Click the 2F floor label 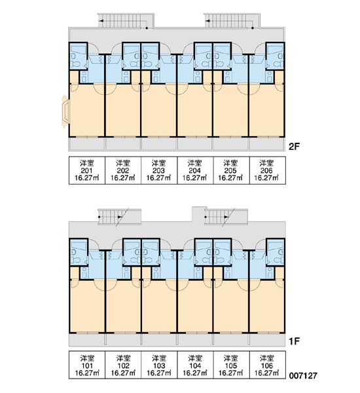coord(294,146)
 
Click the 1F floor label coord(294,341)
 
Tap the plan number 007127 coord(303,375)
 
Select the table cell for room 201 coord(87,170)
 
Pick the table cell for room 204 coord(195,170)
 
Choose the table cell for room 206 coord(267,170)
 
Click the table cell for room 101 coord(87,365)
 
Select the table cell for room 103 coord(159,365)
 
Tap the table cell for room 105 coord(231,365)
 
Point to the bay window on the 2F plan coord(65,111)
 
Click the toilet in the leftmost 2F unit coord(75,64)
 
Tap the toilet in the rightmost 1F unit coord(279,260)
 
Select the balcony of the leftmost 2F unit coord(86,144)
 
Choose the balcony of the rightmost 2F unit coord(267,144)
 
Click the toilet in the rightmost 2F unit coord(279,64)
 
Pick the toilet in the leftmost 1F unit coord(75,260)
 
